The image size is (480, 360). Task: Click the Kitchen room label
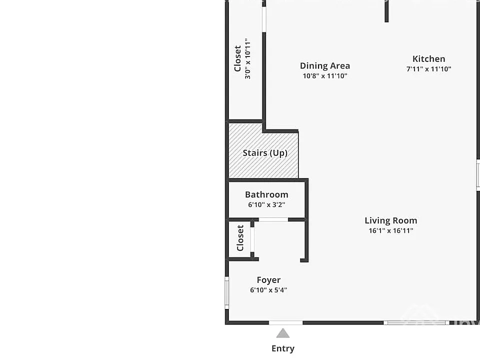pos(428,59)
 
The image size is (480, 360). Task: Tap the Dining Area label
pos(325,66)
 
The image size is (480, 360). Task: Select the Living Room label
pos(390,220)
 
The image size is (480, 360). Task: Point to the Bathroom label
pos(266,194)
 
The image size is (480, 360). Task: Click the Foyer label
pos(268,280)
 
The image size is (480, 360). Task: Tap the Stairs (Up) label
pos(265,153)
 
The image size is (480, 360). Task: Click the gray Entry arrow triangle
pos(283,333)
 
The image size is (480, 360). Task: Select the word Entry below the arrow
pos(283,348)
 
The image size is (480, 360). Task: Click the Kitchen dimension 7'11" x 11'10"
pos(428,69)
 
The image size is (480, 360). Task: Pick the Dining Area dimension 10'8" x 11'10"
pos(325,76)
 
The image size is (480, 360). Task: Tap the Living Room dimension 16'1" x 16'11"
pos(390,230)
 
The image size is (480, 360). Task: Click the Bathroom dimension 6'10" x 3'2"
pos(266,204)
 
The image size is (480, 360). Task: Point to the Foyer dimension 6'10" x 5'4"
pos(268,290)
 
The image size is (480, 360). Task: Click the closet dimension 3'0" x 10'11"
pos(247,59)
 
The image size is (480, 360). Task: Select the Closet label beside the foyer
pos(240,238)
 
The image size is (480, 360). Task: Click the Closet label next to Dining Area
pos(237,59)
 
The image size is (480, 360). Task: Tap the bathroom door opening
pos(273,219)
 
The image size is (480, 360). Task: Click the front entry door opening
pos(285,322)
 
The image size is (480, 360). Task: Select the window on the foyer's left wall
pos(227,293)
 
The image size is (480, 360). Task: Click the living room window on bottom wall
pos(416,322)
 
